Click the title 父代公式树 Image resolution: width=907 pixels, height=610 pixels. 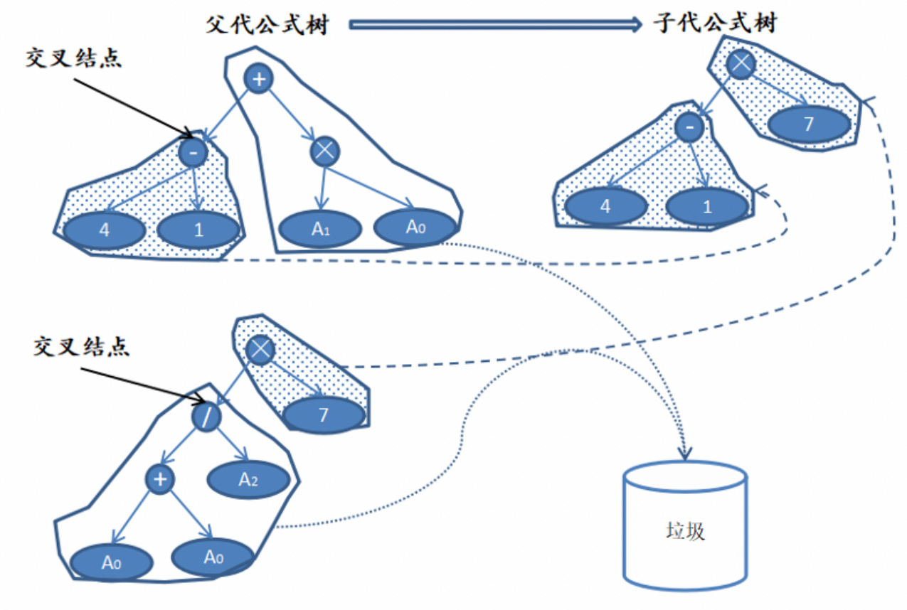point(267,24)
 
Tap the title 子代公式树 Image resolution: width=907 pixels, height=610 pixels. point(714,24)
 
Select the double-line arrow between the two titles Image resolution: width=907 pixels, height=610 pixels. point(495,25)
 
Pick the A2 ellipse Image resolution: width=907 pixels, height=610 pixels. point(248,480)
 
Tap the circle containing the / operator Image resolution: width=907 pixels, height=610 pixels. point(206,417)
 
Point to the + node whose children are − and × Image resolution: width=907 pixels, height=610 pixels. point(259,79)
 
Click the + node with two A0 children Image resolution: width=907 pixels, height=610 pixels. point(160,479)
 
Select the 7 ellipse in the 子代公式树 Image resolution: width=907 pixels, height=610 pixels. point(808,124)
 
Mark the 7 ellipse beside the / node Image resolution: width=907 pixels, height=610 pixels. point(324,414)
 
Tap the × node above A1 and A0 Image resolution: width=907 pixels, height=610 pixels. point(325,150)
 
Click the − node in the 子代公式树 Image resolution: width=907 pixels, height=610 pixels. point(689,128)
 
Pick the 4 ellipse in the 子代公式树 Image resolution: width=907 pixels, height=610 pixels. point(606,207)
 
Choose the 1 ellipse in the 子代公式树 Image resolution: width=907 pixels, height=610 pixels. point(707,207)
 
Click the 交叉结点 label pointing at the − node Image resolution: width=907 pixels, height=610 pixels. point(73,58)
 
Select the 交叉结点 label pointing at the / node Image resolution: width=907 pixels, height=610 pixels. point(82,348)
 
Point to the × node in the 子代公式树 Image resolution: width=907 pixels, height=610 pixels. point(741,63)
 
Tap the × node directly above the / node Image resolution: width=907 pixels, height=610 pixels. point(260,349)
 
